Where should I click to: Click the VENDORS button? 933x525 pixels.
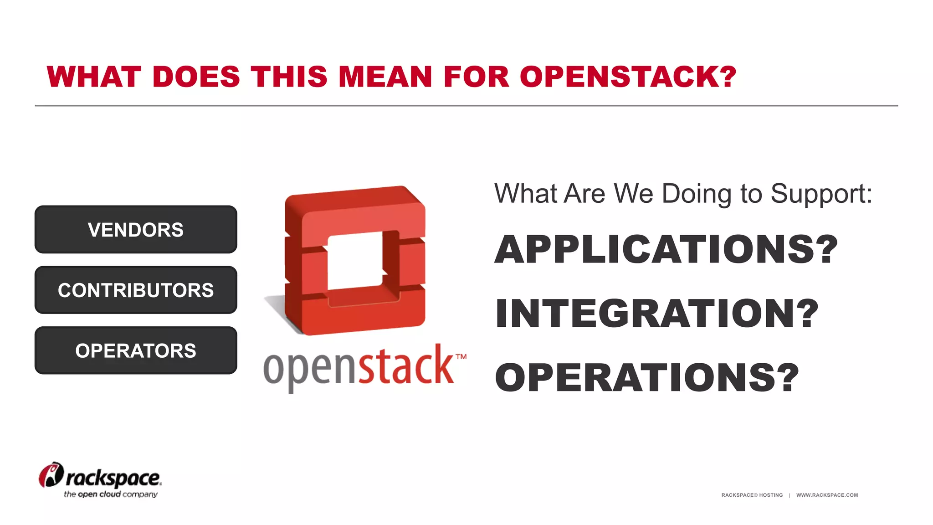click(136, 230)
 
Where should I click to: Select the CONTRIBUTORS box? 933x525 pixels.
click(136, 290)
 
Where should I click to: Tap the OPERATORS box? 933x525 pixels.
click(136, 351)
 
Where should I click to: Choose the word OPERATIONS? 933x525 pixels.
click(647, 378)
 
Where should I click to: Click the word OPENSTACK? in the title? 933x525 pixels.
click(628, 77)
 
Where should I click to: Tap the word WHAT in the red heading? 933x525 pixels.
click(94, 77)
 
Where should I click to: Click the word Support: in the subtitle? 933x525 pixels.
click(821, 194)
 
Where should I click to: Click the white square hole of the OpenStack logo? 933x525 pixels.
click(355, 261)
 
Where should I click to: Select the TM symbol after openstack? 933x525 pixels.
click(461, 357)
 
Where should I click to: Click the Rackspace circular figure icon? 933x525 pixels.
click(51, 475)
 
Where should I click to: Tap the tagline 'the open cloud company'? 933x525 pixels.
click(111, 494)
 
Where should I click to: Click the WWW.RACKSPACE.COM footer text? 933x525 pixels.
click(827, 495)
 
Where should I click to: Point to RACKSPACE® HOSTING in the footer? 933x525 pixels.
click(752, 495)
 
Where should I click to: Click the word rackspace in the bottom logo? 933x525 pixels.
click(114, 479)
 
